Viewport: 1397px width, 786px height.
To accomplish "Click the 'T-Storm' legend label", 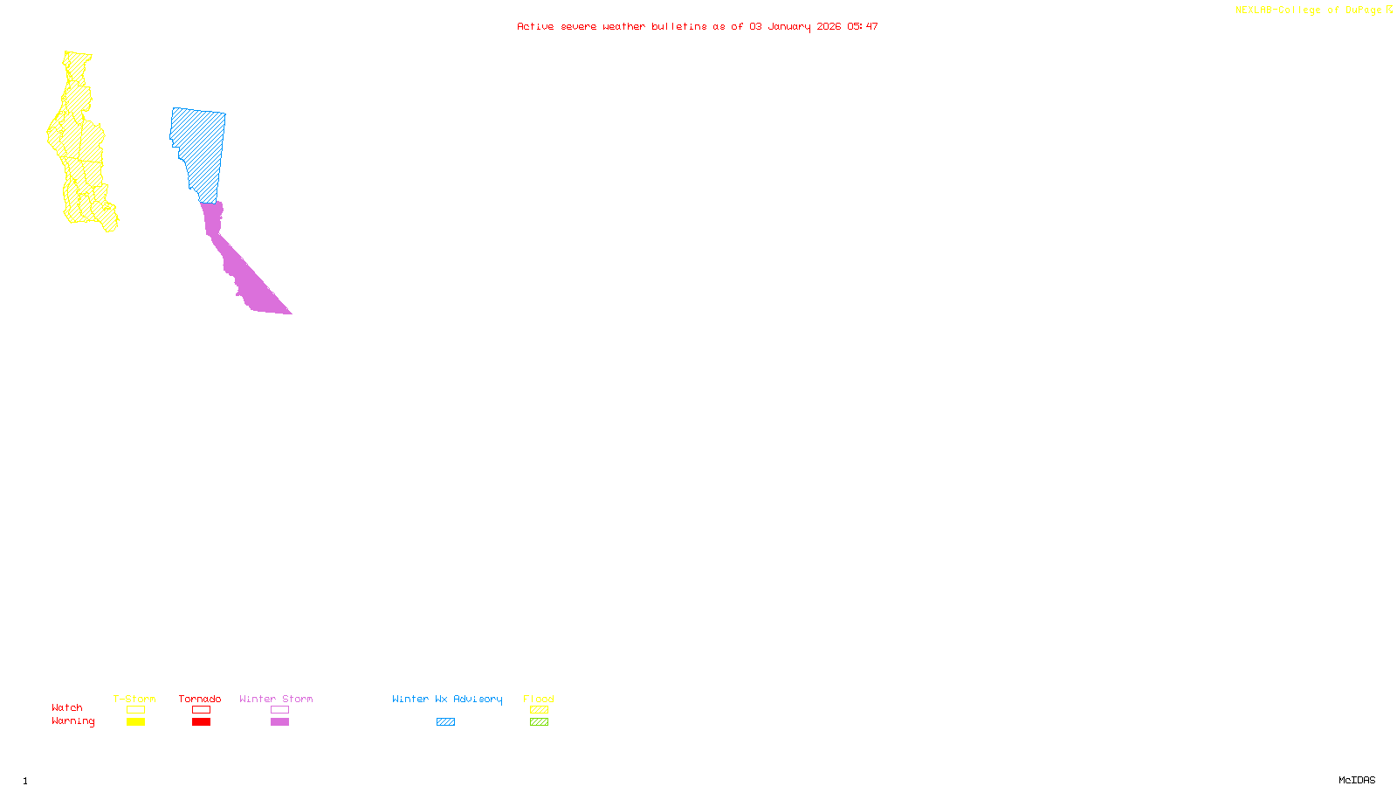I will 134,699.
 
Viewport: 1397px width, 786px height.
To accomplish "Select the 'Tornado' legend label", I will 200,699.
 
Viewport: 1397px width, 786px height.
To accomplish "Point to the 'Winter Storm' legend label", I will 276,699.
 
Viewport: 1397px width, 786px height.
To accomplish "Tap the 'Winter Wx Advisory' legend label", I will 447,699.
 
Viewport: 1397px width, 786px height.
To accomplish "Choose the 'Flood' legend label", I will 539,699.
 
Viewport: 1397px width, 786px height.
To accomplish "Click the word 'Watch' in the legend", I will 67,707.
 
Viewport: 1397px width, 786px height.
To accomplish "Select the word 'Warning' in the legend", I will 73,721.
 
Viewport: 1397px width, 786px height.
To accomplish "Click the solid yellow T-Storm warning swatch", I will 135,722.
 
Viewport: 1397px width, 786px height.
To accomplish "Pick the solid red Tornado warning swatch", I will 201,722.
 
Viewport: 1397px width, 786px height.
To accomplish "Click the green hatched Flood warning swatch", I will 539,722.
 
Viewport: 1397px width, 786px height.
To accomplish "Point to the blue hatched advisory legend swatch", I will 445,722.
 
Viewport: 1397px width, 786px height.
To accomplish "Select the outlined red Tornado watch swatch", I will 201,710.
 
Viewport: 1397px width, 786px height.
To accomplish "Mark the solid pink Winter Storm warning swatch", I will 279,722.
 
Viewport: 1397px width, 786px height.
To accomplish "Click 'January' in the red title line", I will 789,26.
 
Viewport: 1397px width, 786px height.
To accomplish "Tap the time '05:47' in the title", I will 863,26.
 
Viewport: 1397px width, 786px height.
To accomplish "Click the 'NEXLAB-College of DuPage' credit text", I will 1308,10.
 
